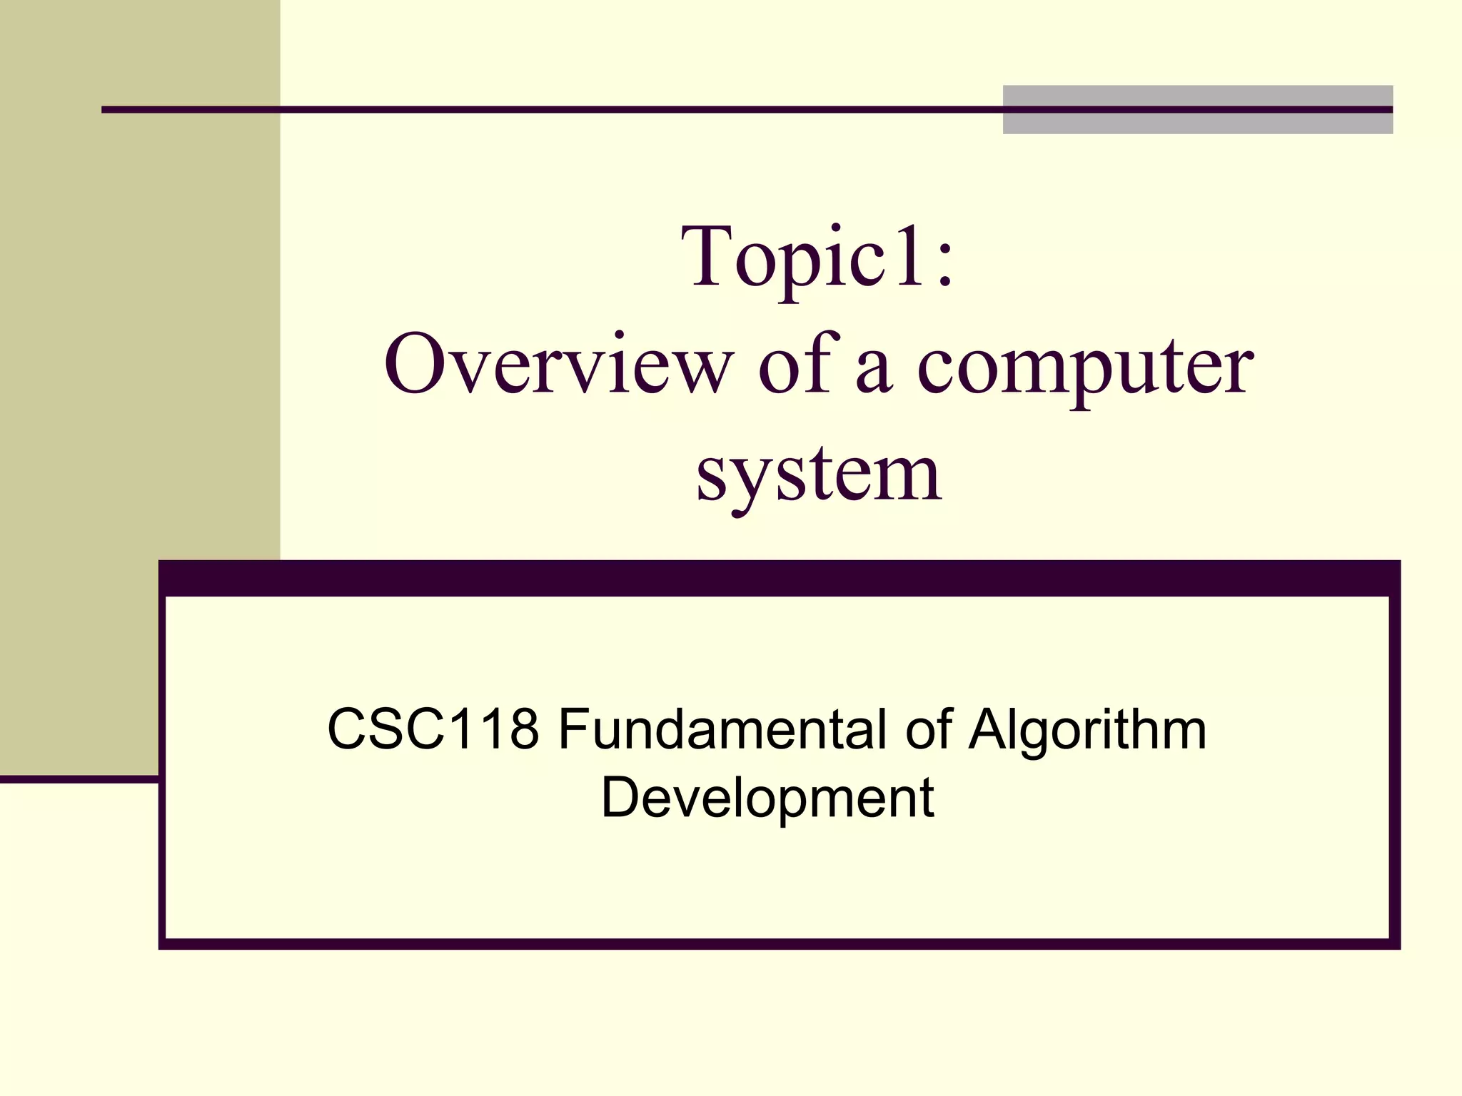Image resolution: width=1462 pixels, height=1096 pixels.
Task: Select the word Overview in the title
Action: coord(558,365)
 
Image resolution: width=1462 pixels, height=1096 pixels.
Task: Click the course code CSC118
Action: coord(433,729)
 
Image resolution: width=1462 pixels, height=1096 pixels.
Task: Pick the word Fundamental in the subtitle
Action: coord(722,729)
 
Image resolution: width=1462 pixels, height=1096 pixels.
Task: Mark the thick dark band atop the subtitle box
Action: coord(779,578)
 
